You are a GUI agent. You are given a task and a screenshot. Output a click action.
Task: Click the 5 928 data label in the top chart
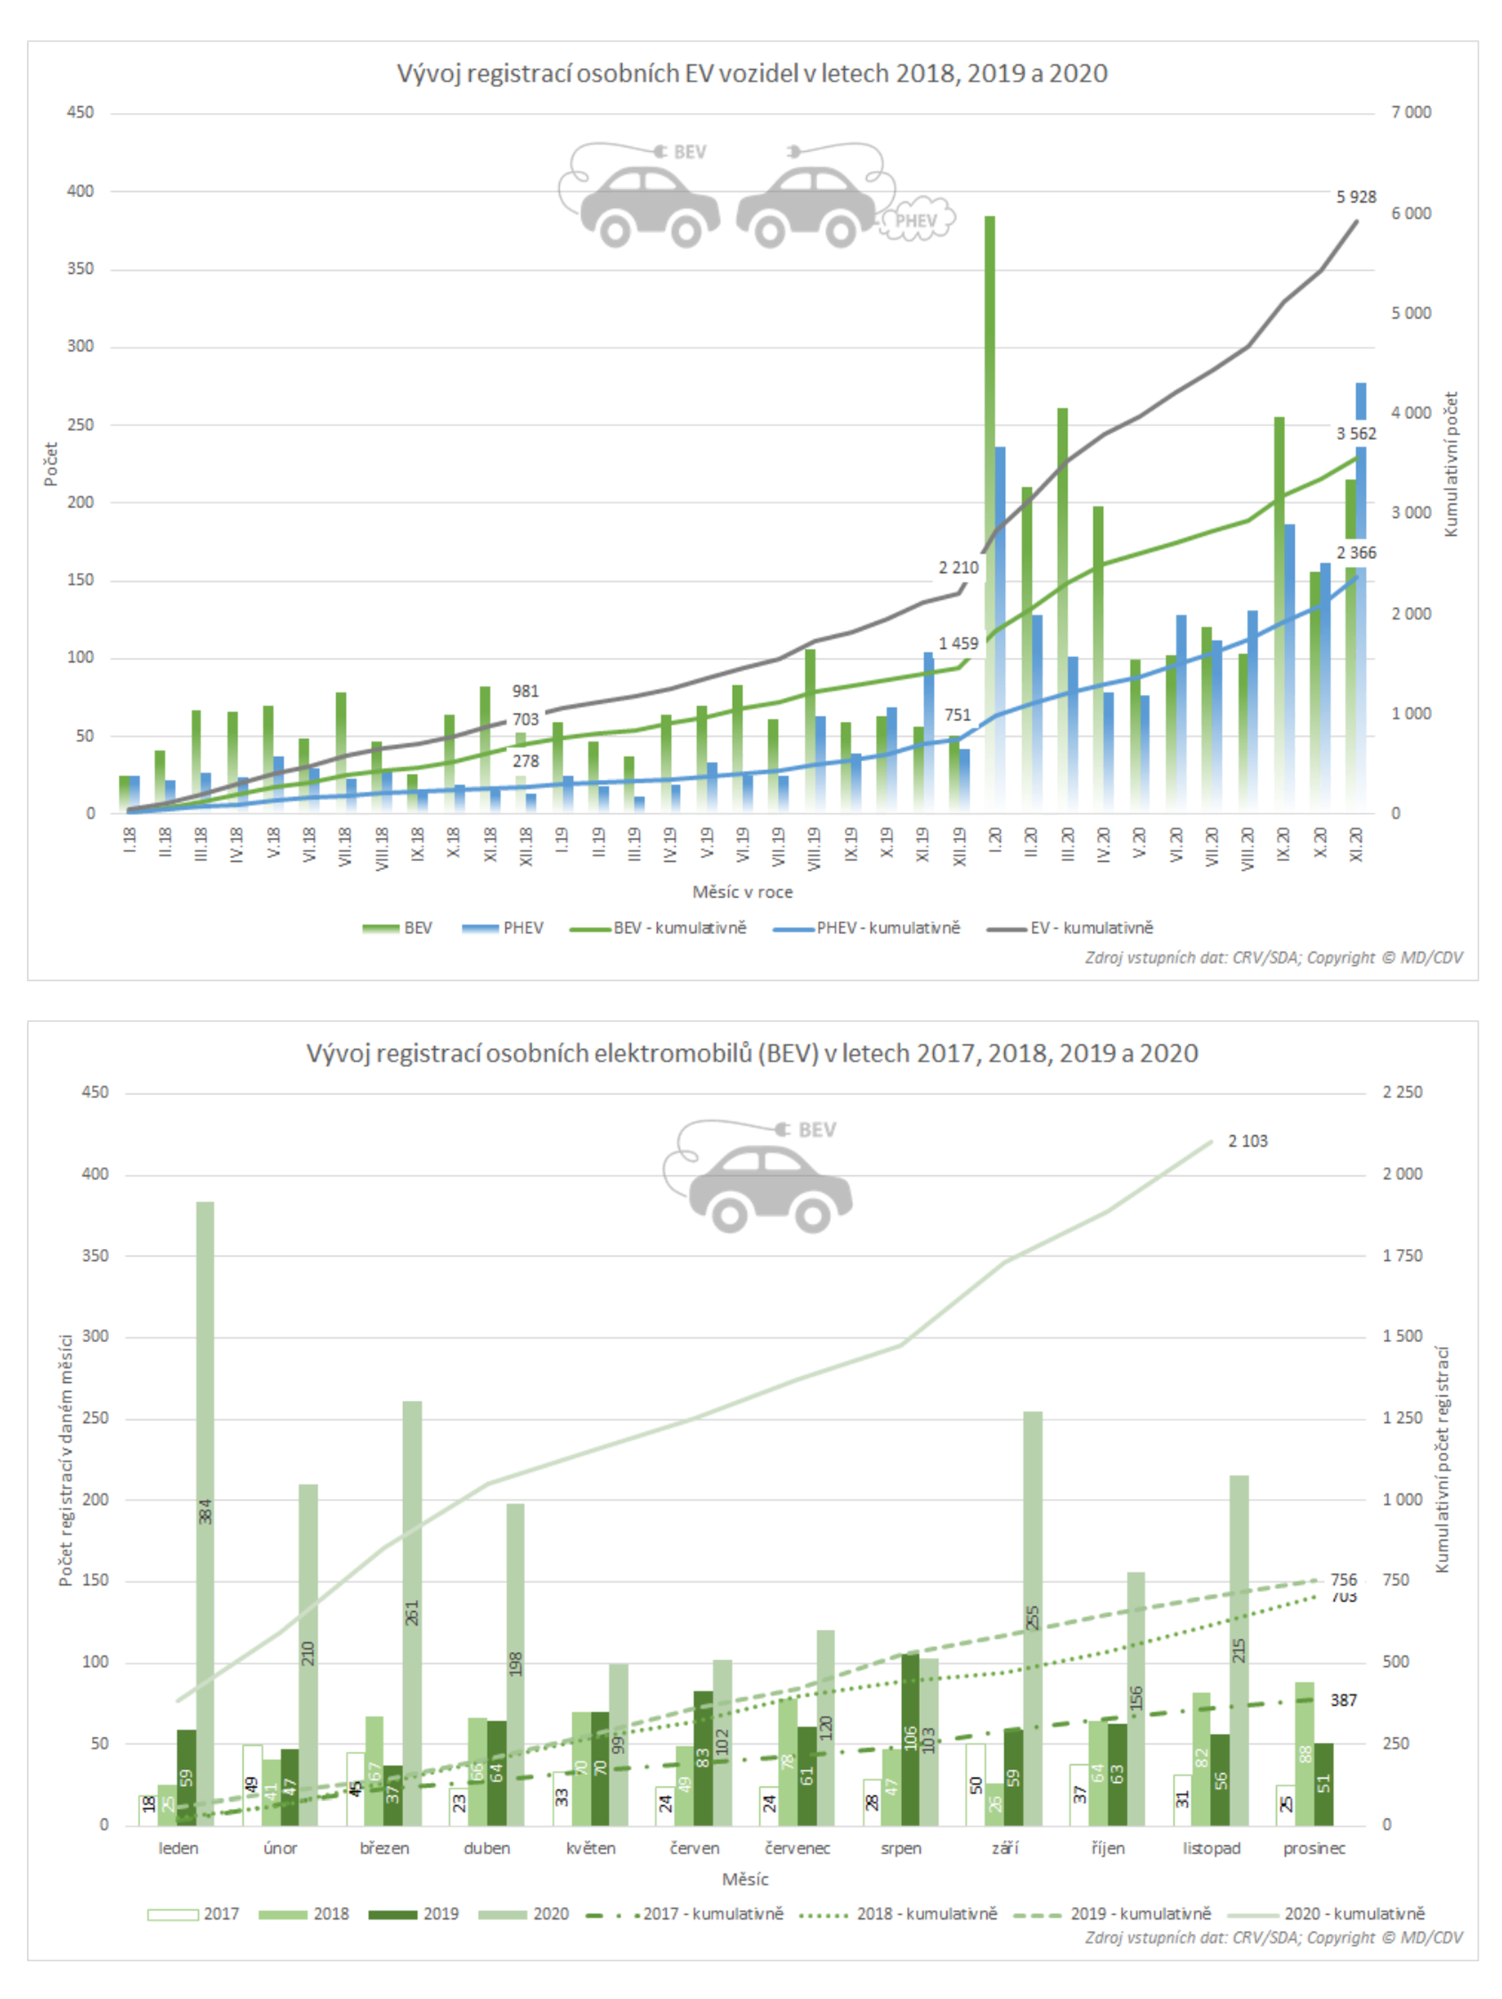tap(1355, 197)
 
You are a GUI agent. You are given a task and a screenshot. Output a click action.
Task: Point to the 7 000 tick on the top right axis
tap(1411, 113)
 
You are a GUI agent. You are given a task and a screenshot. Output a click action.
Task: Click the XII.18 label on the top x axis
tap(526, 846)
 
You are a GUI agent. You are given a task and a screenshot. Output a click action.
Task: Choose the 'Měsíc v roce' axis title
tap(742, 892)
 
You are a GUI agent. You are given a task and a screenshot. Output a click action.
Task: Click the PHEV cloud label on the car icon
tap(916, 220)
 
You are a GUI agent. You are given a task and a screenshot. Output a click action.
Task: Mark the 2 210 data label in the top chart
tap(958, 568)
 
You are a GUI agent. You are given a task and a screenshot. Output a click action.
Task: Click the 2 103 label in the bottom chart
tap(1247, 1142)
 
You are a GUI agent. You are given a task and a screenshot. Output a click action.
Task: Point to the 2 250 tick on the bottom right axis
tap(1402, 1093)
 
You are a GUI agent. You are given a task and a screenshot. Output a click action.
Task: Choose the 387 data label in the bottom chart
tap(1343, 1700)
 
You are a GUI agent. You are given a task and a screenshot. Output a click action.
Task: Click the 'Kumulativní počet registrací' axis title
tap(1443, 1460)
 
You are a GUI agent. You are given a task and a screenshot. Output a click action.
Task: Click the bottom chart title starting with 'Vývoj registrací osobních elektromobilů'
tap(752, 1054)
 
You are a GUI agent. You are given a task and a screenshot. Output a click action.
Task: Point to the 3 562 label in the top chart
tap(1356, 434)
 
